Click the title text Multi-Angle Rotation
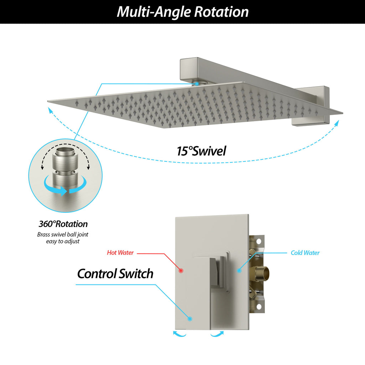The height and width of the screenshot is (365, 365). tap(182, 12)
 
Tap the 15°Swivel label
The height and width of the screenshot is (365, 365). tap(201, 151)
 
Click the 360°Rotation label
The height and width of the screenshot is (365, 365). tap(63, 224)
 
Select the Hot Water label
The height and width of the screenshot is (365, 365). tap(120, 253)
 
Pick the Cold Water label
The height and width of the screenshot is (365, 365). tap(305, 253)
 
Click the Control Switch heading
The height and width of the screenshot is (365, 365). tap(115, 274)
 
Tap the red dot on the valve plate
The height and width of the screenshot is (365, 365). tap(181, 271)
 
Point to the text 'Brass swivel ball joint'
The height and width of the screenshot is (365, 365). tap(63, 235)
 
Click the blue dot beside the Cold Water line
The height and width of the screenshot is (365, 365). tap(239, 271)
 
